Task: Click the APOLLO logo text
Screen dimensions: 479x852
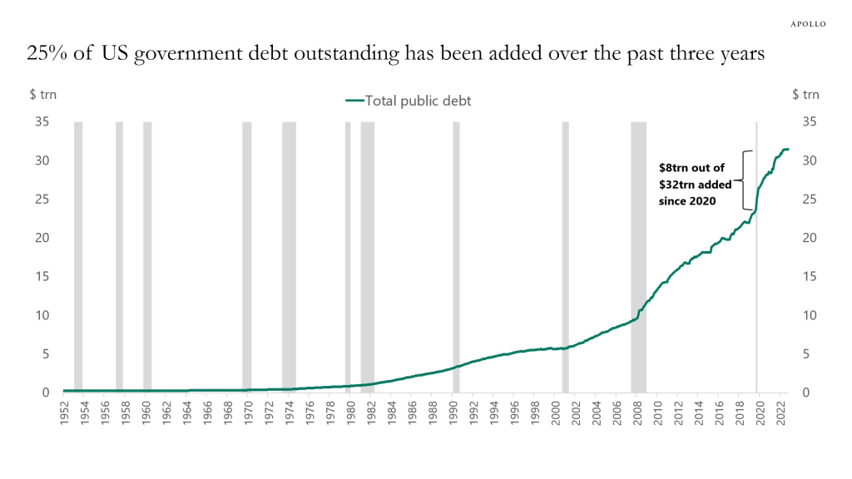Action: [x=807, y=24]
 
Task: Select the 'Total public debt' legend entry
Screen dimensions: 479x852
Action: [x=409, y=101]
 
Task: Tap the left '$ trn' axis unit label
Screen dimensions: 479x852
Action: [x=43, y=95]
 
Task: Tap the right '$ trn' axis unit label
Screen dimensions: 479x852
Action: [x=805, y=95]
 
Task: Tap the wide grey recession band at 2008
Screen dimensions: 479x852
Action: [x=638, y=249]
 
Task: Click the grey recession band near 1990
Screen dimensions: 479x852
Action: [x=456, y=249]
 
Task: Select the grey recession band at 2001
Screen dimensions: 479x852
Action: [x=565, y=249]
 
